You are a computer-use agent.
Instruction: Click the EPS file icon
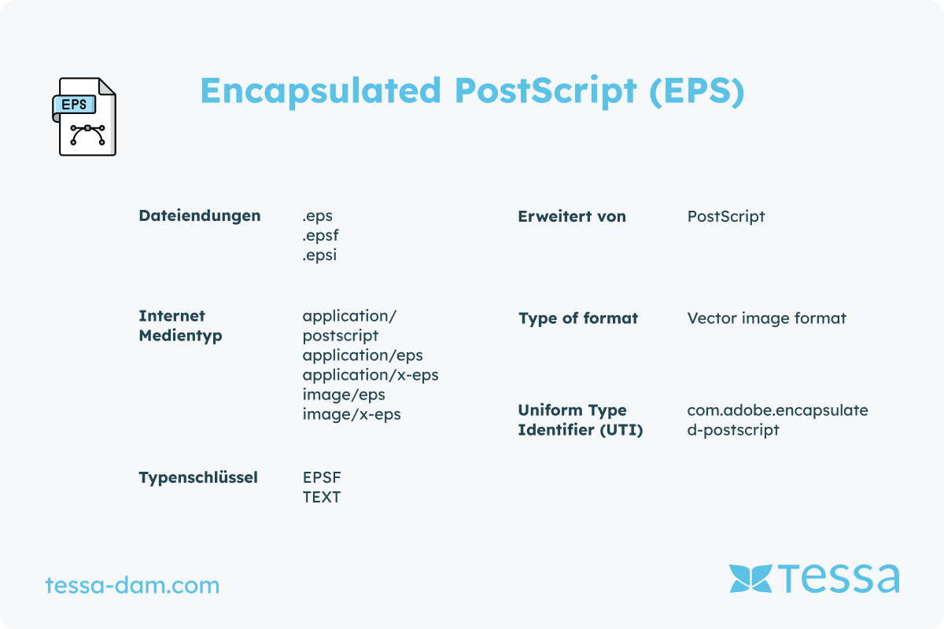(84, 116)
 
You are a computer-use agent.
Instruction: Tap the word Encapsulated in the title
(321, 91)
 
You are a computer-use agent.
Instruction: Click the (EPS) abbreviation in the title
(697, 91)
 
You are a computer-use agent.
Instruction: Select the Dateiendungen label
(200, 215)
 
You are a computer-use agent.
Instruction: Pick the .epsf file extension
(320, 236)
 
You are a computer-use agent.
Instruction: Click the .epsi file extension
(319, 255)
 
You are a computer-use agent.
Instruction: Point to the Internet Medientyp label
(180, 326)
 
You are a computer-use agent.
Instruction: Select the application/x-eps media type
(371, 375)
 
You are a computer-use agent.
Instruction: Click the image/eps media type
(344, 395)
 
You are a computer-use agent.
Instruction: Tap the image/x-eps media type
(352, 414)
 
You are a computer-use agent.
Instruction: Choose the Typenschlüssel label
(198, 478)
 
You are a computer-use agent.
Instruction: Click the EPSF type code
(322, 477)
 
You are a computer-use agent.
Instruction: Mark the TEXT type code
(322, 497)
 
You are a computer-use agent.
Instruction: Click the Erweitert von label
(572, 216)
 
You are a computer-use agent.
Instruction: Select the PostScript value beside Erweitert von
(725, 216)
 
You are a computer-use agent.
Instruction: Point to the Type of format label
(578, 318)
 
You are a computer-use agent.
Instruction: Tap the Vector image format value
(766, 318)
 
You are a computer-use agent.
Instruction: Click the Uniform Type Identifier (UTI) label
(581, 420)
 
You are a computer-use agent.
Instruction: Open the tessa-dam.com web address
(132, 586)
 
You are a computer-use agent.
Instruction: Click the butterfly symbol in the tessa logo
(750, 579)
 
